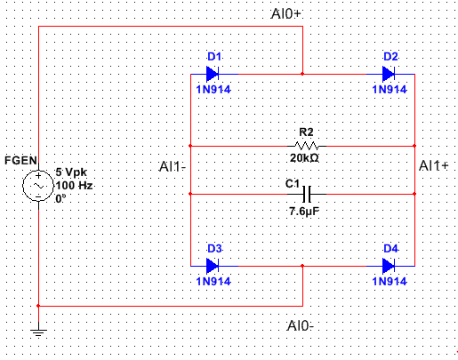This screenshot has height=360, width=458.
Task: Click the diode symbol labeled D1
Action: coord(213,74)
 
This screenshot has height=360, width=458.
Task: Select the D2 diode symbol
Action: coord(389,74)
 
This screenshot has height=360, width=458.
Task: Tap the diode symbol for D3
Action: coord(213,266)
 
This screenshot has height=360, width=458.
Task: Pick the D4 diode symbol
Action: coord(389,266)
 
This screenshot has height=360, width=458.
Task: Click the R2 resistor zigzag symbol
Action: coord(307,146)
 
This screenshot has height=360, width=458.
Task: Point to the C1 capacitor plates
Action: coord(307,194)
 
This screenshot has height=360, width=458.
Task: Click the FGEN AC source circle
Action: coord(38,186)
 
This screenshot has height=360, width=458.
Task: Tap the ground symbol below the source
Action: coord(38,332)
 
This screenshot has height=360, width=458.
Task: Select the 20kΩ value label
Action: coord(304,158)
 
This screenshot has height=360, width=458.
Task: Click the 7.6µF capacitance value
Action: coord(304,212)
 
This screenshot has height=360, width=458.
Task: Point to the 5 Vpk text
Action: coord(71,172)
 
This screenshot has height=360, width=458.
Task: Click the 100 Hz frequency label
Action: coord(75,186)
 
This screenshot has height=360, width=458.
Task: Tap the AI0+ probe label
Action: coord(286,13)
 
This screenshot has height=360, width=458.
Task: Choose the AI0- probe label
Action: coord(300,326)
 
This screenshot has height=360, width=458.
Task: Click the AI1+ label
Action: coord(434,165)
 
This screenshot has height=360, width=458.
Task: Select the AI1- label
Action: coord(173,166)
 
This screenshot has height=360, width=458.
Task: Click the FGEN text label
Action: coord(20,161)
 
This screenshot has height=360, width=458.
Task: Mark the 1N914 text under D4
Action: coord(390,281)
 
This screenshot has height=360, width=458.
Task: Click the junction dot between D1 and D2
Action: coord(302,74)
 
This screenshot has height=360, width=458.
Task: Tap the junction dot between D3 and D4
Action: coord(302,266)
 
